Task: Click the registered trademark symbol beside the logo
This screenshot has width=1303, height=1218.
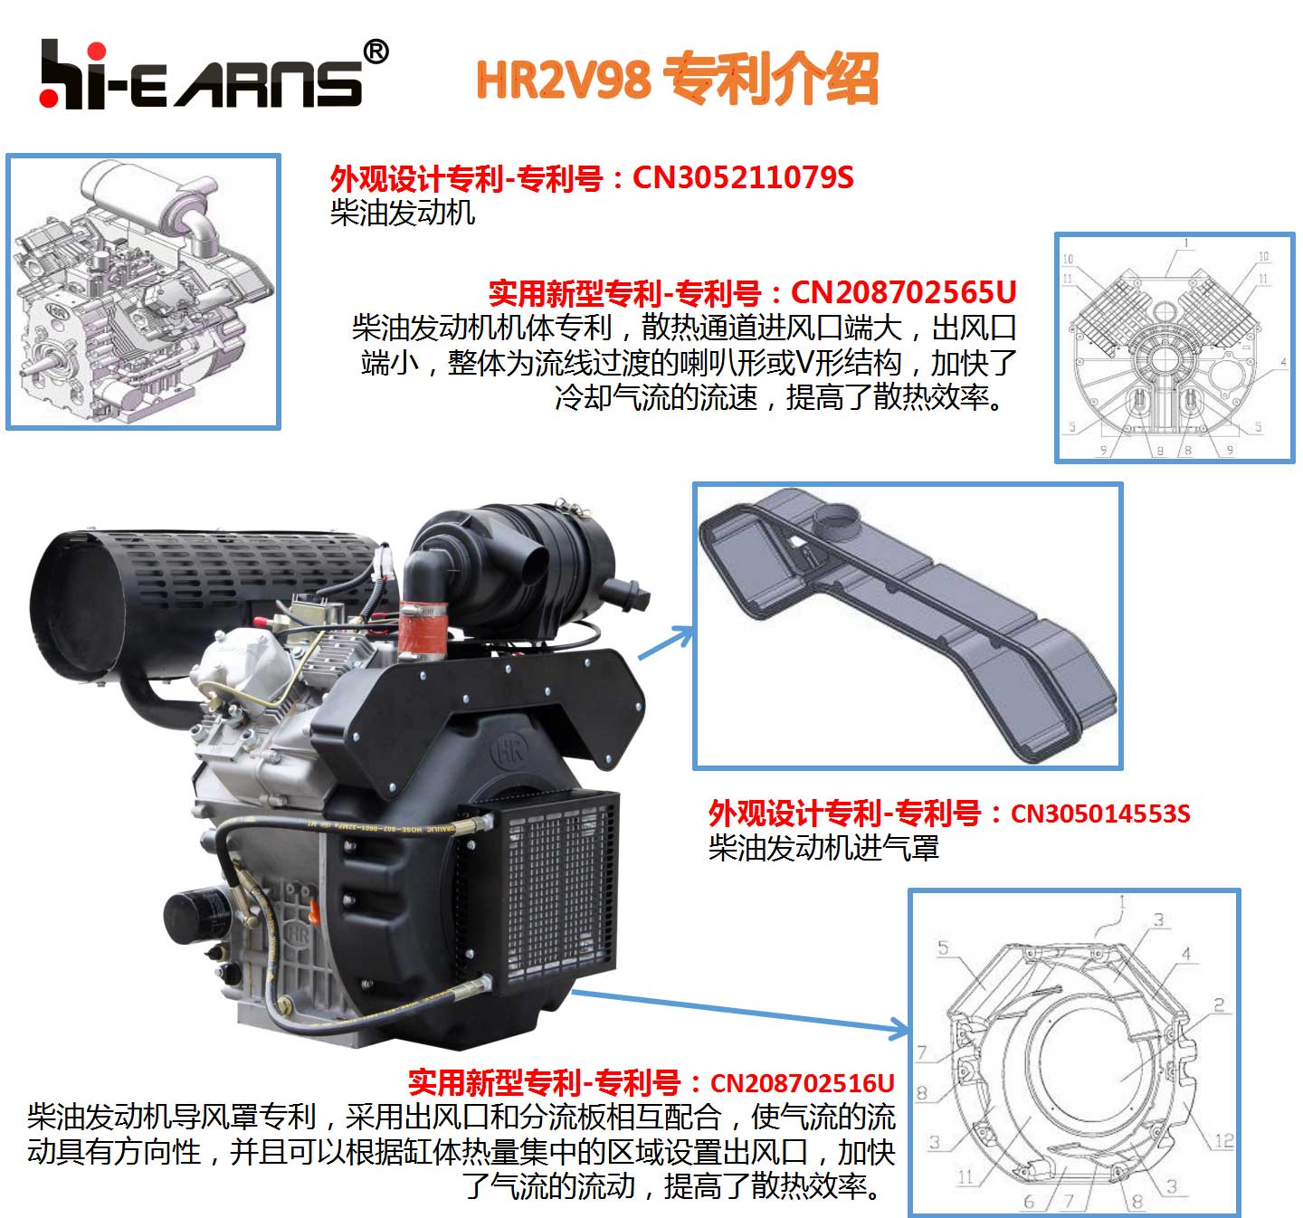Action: [376, 52]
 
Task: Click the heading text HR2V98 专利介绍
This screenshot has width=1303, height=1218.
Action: [677, 80]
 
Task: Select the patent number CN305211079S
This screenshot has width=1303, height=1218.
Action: [743, 177]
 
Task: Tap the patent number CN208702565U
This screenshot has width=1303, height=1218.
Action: [903, 292]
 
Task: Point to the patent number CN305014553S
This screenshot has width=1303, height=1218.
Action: [1099, 814]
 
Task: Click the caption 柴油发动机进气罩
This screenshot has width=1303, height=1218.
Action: [823, 848]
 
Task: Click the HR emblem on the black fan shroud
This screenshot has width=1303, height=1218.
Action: [509, 750]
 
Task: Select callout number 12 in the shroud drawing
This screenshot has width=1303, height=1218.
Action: [1223, 1141]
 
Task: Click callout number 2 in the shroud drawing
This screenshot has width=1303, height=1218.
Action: [1219, 1004]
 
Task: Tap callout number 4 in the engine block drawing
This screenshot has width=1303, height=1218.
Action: [1283, 362]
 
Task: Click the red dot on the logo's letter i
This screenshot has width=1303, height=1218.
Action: [97, 52]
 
